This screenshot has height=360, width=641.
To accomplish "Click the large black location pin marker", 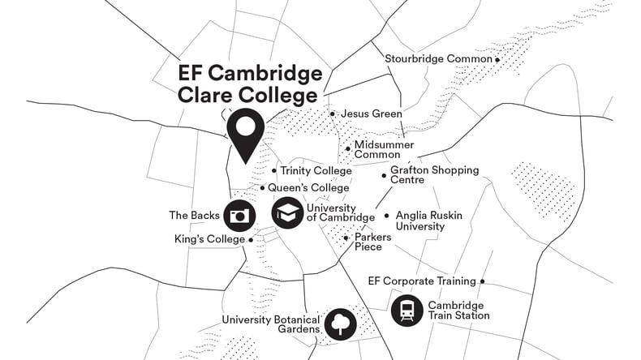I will tap(245, 134).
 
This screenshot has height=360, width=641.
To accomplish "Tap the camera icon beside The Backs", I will tap(239, 215).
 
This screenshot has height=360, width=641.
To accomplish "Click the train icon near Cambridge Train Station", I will tap(407, 310).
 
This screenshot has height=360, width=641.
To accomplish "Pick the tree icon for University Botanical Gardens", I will tap(340, 324).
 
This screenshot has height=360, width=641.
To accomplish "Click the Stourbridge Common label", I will tap(438, 59).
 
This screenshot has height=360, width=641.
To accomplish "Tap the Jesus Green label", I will tap(371, 114).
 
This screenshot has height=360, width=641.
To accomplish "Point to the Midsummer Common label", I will tap(377, 149).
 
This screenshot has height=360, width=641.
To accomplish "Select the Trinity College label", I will tap(316, 171).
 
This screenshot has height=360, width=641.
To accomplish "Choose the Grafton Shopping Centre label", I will tap(434, 175).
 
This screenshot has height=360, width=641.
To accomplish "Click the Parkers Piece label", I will tap(372, 242).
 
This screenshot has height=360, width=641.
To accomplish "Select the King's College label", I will tap(209, 239).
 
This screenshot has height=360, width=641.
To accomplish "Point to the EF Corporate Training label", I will tap(421, 281).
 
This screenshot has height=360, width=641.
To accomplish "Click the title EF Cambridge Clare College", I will tap(249, 85).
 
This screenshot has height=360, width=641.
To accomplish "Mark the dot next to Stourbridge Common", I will tap(497, 59).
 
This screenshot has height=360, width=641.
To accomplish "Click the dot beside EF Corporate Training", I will tap(483, 281).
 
